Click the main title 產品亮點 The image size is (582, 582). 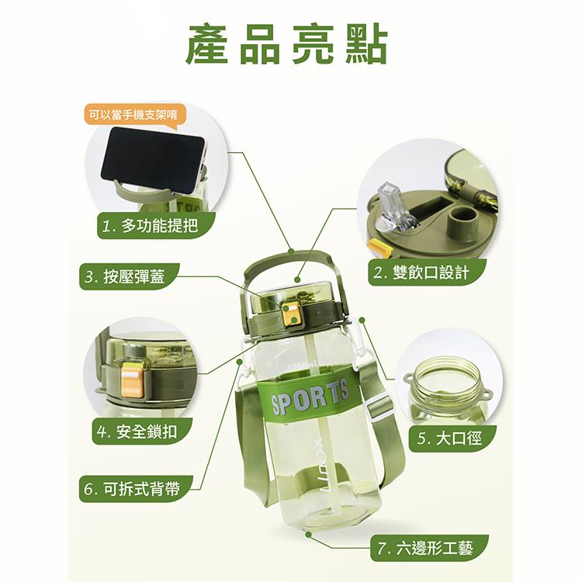point(286,44)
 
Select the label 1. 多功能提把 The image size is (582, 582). point(156,225)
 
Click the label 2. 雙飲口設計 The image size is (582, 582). point(427,272)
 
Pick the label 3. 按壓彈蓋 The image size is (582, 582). point(130,276)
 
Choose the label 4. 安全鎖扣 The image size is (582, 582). point(142,431)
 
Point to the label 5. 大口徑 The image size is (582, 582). point(452,438)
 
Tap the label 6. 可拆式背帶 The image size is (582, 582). point(137,489)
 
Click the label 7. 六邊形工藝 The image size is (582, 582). point(429,548)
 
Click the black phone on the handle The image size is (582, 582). point(153,161)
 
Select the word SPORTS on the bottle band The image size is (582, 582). point(310,397)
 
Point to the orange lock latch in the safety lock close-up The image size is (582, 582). point(132,379)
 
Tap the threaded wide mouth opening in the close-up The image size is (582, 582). point(447,376)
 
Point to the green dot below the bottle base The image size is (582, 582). point(308,533)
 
